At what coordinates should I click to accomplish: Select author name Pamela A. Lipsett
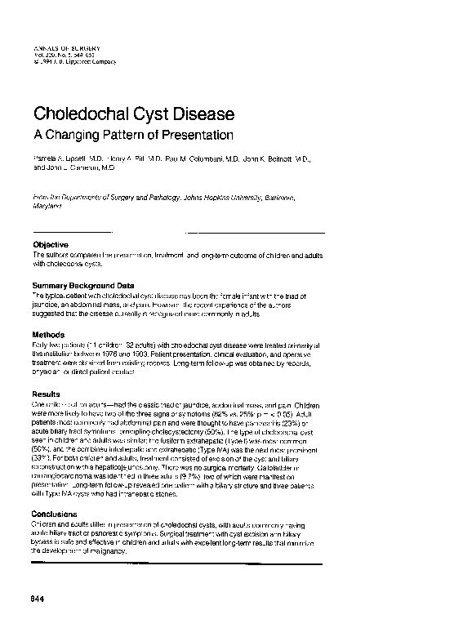61,157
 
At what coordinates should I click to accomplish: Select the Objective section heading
51,245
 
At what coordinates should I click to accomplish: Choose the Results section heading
47,394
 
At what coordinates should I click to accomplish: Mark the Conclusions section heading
57,514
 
